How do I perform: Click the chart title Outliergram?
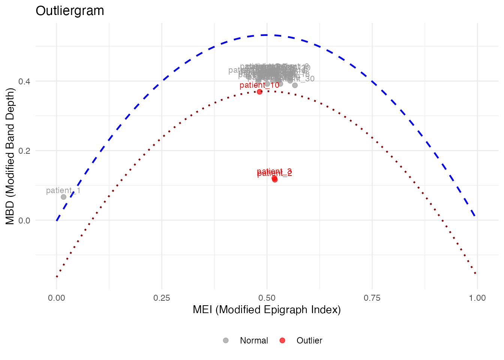70,11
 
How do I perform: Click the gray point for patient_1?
63,197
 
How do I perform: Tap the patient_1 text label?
63,190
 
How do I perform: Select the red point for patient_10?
259,91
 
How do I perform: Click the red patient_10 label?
259,85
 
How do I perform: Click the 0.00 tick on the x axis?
56,298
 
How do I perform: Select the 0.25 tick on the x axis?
162,298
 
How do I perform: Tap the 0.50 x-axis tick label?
267,298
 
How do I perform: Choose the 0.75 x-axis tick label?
372,298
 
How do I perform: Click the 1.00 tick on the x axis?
477,298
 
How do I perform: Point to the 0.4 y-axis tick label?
24,81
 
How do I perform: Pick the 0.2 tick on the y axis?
24,151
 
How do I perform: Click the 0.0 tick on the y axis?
24,220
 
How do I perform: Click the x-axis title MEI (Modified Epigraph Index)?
267,310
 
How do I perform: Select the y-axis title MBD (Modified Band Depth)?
10,156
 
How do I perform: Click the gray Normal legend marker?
226,340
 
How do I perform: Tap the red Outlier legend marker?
282,340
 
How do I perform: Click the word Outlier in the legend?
309,340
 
